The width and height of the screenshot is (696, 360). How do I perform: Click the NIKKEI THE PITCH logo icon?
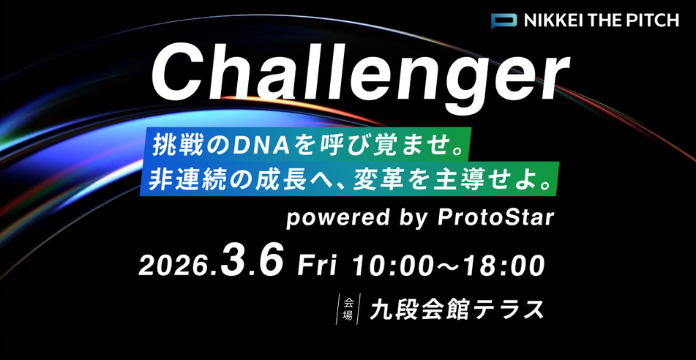[x=504, y=20]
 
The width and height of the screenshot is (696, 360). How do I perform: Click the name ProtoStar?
[x=504, y=218]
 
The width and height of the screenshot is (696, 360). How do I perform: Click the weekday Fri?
[x=316, y=265]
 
